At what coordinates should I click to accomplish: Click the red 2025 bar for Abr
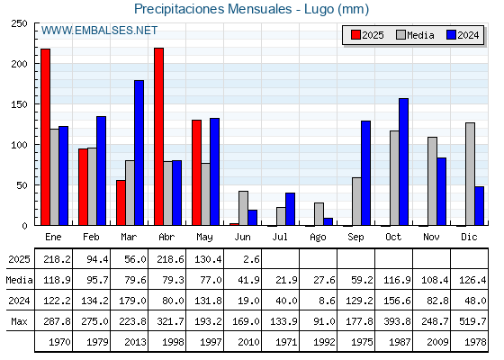pyautogui.click(x=158, y=137)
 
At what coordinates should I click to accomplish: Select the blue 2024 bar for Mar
pyautogui.click(x=139, y=153)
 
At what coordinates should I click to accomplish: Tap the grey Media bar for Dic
pyautogui.click(x=470, y=174)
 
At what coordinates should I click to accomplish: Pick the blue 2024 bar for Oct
pyautogui.click(x=404, y=162)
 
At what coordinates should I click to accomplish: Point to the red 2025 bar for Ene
pyautogui.click(x=45, y=137)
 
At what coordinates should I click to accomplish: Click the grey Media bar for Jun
pyautogui.click(x=243, y=208)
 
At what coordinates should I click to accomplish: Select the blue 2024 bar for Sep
pyautogui.click(x=365, y=173)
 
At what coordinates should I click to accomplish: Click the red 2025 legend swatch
pyautogui.click(x=355, y=35)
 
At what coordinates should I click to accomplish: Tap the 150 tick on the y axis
pyautogui.click(x=18, y=104)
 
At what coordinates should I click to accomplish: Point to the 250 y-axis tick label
pyautogui.click(x=18, y=23)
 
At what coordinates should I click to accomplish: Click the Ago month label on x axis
pyautogui.click(x=318, y=238)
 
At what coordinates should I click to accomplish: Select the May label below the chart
pyautogui.click(x=204, y=238)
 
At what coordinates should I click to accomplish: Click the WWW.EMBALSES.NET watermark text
pyautogui.click(x=99, y=31)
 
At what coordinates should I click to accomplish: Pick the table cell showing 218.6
pyautogui.click(x=170, y=259)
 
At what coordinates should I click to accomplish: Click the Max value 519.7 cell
pyautogui.click(x=472, y=321)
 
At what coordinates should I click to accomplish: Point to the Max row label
pyautogui.click(x=19, y=321)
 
